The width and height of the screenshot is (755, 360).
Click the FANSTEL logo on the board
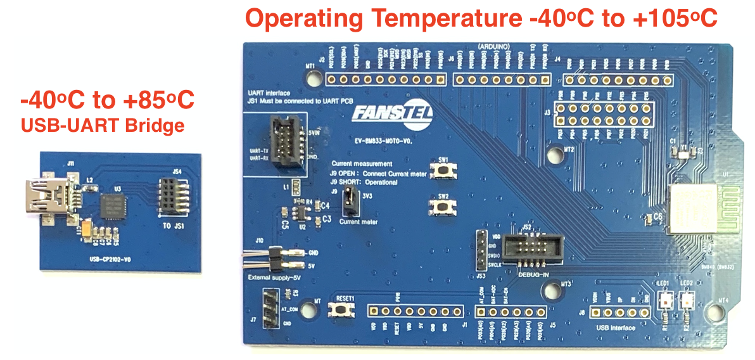[380, 116]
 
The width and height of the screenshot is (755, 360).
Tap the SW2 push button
[441, 207]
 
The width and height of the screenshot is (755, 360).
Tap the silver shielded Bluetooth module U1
[692, 209]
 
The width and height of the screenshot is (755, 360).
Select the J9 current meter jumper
[347, 203]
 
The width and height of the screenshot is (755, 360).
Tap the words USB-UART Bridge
[103, 125]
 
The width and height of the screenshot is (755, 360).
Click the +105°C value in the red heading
[672, 19]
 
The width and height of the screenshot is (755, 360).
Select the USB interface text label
[615, 328]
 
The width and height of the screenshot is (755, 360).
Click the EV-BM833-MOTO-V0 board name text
[384, 143]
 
